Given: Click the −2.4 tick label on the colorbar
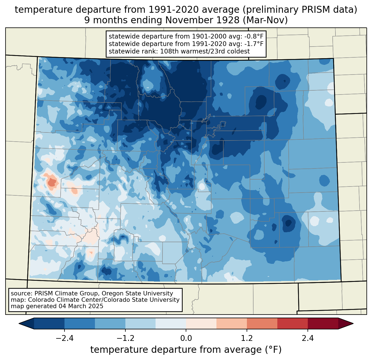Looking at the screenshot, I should tap(64, 338).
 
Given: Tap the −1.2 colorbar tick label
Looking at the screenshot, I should tap(125, 338).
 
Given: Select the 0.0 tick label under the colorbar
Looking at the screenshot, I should tap(186, 338).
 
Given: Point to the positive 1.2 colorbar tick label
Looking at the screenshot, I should tap(247, 338).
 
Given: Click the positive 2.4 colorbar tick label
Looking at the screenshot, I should tap(308, 338).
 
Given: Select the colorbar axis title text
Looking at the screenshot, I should tap(186, 350).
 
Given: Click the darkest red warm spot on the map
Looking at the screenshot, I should tap(52, 183).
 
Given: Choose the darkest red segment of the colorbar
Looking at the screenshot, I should tap(323, 323).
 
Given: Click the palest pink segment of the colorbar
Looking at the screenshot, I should tap(201, 323).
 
